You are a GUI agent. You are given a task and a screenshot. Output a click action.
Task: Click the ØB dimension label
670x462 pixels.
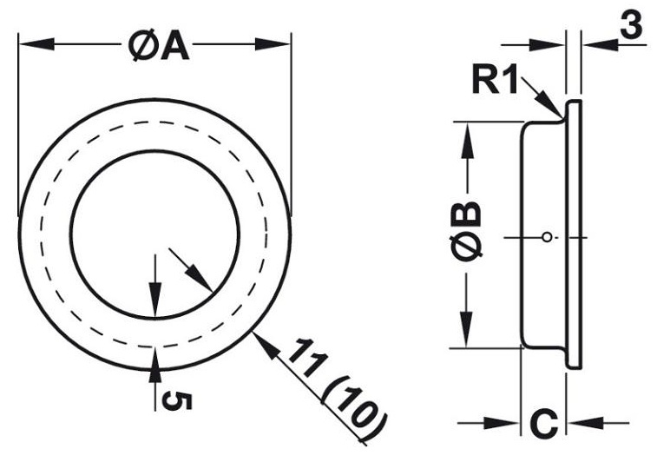coord(467,230)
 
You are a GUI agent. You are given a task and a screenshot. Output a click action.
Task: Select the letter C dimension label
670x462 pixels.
coord(542,425)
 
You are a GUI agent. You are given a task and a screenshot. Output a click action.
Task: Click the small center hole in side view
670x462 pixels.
coord(544,236)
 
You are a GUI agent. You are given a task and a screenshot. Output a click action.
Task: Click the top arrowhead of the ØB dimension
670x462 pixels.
coord(467,135)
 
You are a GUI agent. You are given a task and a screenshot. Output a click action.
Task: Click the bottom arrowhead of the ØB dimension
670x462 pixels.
coord(467,334)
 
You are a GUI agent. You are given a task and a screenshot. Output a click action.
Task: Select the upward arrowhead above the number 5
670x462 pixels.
coord(154,360)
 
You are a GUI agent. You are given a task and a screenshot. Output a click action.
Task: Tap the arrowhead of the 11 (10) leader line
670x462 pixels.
coord(260,341)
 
